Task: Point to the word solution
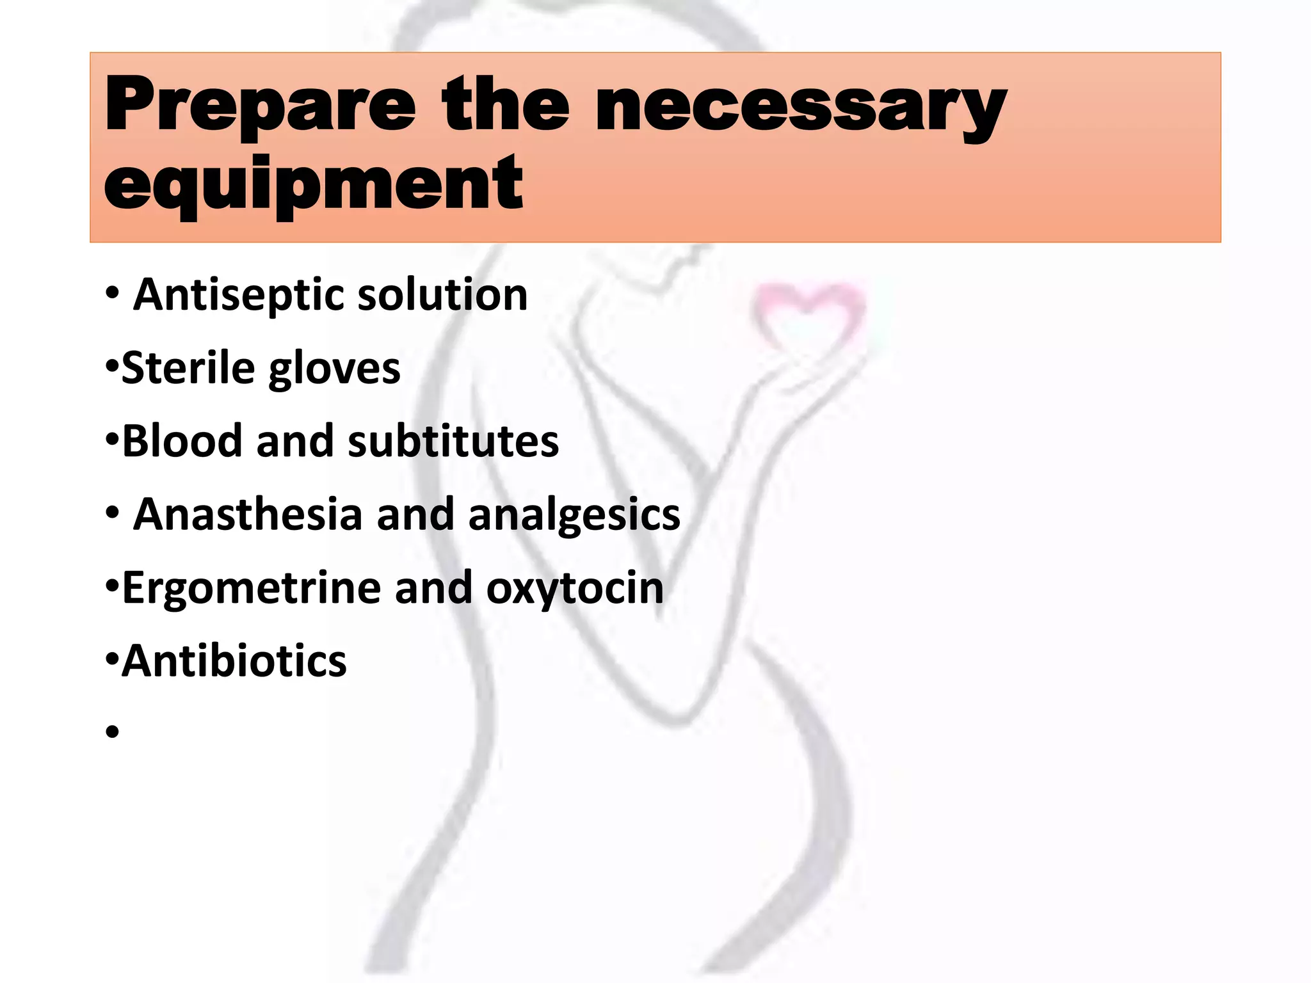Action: point(442,295)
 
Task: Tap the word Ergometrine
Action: point(252,588)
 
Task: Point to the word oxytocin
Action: point(575,588)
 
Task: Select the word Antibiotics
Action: point(234,661)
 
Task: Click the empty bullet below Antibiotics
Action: point(113,731)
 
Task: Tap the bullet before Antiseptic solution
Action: point(113,294)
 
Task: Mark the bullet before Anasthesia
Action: point(113,513)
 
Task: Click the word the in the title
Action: point(505,106)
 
